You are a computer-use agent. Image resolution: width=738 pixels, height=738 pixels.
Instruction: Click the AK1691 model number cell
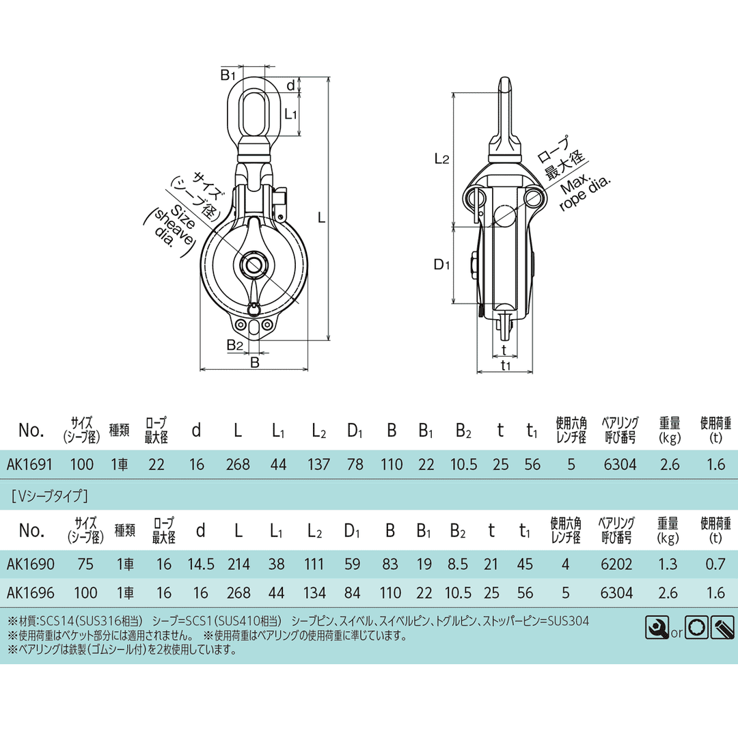point(29,465)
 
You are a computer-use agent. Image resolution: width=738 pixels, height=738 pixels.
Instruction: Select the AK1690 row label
point(31,564)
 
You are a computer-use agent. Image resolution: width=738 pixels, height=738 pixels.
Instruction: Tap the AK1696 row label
point(31,592)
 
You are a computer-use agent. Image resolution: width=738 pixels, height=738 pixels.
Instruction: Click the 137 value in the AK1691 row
point(318,465)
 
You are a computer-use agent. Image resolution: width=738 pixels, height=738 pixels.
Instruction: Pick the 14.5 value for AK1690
point(201,564)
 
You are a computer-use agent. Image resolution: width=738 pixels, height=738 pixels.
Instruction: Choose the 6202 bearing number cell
point(616,564)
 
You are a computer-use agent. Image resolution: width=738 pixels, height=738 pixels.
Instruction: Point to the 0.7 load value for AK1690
point(715,564)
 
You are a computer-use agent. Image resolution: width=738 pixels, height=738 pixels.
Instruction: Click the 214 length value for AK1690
point(238,564)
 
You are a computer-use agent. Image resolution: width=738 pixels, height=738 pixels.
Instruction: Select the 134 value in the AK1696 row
point(314,592)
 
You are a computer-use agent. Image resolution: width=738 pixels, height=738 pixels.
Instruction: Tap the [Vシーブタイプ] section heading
point(50,495)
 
